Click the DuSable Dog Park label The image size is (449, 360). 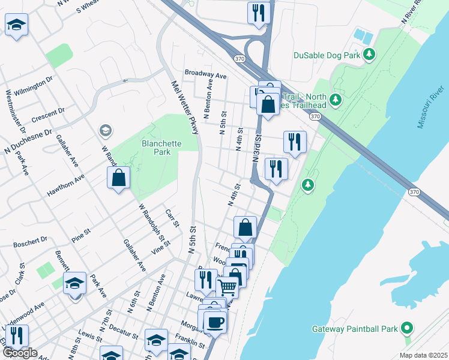tap(327, 56)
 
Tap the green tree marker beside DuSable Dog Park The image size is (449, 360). tap(370, 56)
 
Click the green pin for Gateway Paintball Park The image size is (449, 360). tap(407, 328)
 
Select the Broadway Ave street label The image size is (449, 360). tap(205, 76)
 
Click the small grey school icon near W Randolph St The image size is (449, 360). tap(105, 131)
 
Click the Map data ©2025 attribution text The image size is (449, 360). tap(423, 355)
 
